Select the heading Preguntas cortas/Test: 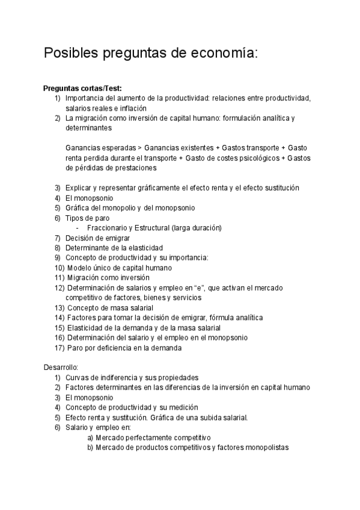pyautogui.click(x=82, y=88)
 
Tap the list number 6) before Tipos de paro pyautogui.click(x=57, y=218)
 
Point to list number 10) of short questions pyautogui.click(x=58, y=268)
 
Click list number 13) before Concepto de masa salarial pyautogui.click(x=58, y=307)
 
